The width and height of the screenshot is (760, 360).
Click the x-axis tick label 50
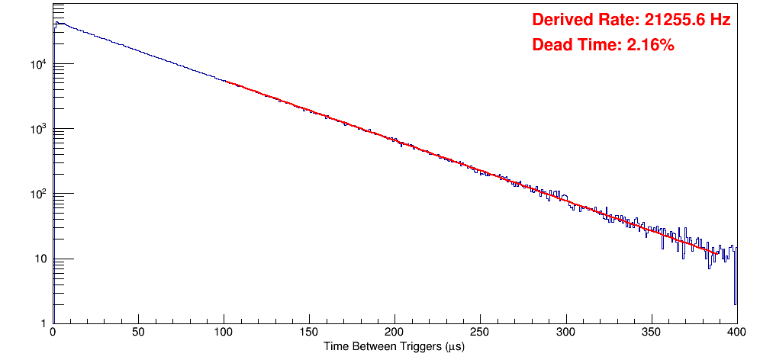[x=138, y=333]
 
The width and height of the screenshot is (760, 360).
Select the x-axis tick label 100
[x=224, y=333]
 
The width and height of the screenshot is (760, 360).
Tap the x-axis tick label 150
[x=309, y=333]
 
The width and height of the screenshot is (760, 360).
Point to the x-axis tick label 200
[x=394, y=333]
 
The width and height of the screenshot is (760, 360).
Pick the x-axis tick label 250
[x=480, y=333]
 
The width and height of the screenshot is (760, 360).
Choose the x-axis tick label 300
[x=565, y=333]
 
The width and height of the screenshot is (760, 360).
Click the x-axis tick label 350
[x=651, y=333]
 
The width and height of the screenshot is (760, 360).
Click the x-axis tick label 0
[x=53, y=333]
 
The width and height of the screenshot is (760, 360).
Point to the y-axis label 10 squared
[x=40, y=194]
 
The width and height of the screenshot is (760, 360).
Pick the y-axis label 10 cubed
[x=40, y=129]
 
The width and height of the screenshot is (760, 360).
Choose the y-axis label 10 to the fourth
[x=40, y=64]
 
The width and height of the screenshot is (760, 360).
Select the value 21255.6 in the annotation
[x=671, y=21]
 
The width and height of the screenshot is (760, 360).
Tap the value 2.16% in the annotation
[x=650, y=45]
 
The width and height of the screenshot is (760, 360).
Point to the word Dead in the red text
[x=550, y=45]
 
